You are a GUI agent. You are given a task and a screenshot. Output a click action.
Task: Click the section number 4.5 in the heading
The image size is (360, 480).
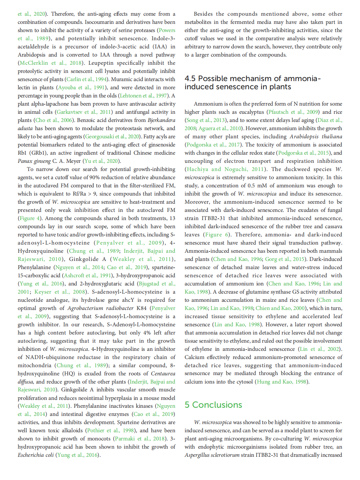click(x=190, y=78)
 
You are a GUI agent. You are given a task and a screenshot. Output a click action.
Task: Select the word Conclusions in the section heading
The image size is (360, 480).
click(x=217, y=405)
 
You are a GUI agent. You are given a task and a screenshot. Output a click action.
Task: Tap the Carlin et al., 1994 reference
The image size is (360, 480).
click(x=87, y=79)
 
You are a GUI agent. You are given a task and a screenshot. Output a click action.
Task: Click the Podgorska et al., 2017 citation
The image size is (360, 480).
click(x=213, y=145)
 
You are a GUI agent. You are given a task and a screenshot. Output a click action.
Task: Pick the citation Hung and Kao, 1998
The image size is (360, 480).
click(x=281, y=382)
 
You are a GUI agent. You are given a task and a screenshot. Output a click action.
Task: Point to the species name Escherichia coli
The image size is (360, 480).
click(x=36, y=455)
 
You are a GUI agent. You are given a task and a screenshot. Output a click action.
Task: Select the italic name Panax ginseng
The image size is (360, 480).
click(x=34, y=161)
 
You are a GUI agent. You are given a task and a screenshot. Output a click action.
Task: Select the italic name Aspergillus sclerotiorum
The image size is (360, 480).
click(x=212, y=455)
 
